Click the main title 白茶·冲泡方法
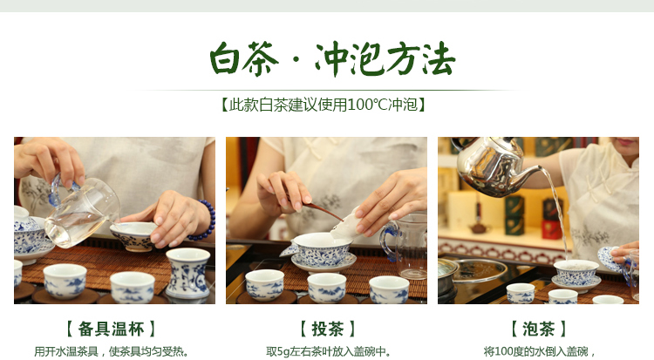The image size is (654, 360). click(332, 58)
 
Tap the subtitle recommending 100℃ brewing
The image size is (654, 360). click(324, 105)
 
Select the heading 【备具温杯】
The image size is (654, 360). click(112, 329)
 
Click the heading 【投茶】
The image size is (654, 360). click(327, 329)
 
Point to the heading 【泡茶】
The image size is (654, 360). click(539, 329)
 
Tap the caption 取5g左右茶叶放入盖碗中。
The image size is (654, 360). click(327, 351)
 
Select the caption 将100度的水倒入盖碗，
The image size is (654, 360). click(539, 351)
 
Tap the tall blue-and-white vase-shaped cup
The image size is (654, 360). click(187, 273)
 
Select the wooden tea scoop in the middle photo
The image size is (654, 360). click(321, 210)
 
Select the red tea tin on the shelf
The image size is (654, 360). click(552, 229)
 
